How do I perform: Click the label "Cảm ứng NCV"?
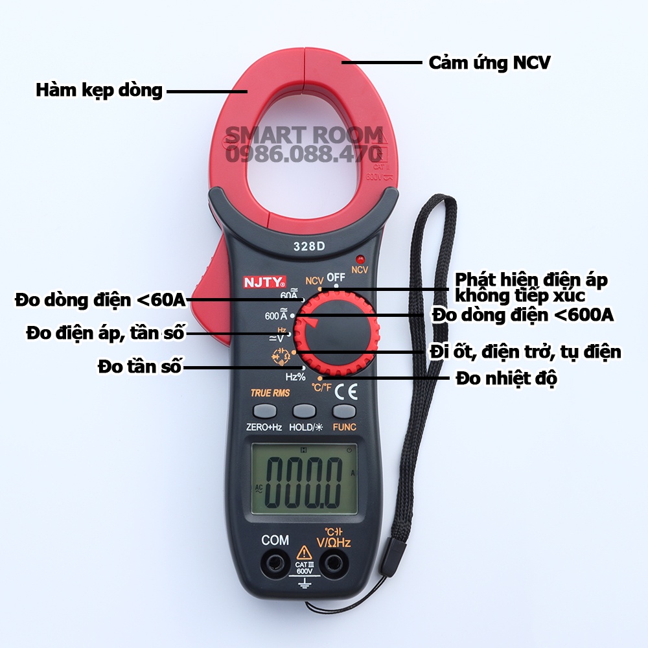pos(489,63)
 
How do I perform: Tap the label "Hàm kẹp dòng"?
pos(98,90)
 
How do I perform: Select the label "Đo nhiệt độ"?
pos(506,378)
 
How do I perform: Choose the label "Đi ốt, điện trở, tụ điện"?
pos(525,352)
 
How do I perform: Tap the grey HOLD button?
pos(304,411)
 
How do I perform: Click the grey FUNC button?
pos(344,411)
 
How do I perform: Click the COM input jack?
pos(275,561)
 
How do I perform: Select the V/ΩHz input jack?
pos(333,561)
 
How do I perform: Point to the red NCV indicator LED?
pos(359,258)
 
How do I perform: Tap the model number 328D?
pos(307,246)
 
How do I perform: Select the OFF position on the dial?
pos(336,277)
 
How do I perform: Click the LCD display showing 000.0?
pos(305,483)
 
